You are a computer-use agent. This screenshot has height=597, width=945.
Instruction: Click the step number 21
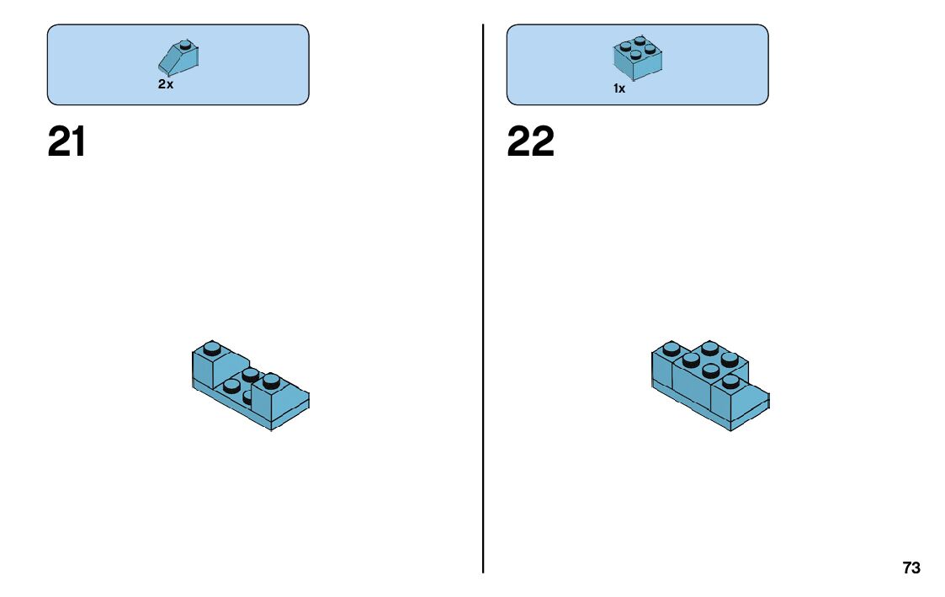[x=66, y=142]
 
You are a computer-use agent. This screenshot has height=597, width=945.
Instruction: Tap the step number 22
[x=530, y=142]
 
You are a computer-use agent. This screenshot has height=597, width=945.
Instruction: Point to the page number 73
[x=911, y=568]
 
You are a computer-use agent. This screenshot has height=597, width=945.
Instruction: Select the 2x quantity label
[x=166, y=84]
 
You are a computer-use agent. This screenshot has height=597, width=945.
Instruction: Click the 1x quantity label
[x=619, y=88]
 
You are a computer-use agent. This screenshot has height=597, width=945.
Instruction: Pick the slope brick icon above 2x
[x=178, y=59]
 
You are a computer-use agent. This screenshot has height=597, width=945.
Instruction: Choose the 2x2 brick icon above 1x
[x=637, y=57]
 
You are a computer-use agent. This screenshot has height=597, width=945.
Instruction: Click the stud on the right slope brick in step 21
[x=271, y=381]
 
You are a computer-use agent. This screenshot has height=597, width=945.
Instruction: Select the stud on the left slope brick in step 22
[x=671, y=348]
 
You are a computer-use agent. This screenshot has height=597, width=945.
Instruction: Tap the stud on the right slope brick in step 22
[x=730, y=381]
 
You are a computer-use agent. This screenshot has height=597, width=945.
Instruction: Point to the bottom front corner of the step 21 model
[x=271, y=430]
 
